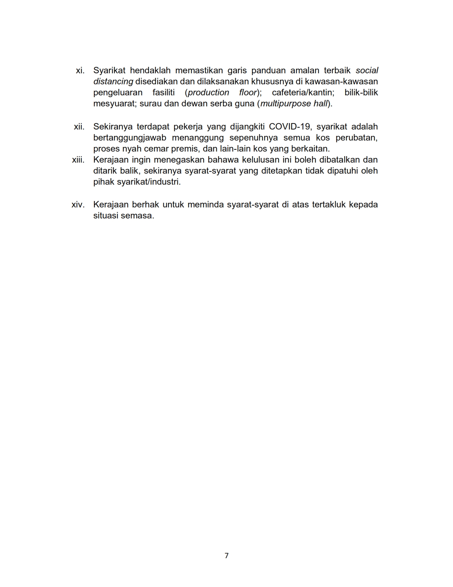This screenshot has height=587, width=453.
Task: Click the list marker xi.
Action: (80, 70)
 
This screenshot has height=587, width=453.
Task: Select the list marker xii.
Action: (79, 127)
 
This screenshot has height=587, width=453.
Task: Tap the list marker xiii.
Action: (78, 160)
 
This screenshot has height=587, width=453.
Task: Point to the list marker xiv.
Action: (78, 205)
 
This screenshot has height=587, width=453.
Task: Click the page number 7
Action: (227, 555)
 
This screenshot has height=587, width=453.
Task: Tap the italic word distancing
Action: (113, 81)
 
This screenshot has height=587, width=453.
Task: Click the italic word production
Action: (209, 92)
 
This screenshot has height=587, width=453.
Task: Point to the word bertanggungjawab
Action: (130, 138)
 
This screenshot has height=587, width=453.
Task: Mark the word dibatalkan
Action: (339, 160)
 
